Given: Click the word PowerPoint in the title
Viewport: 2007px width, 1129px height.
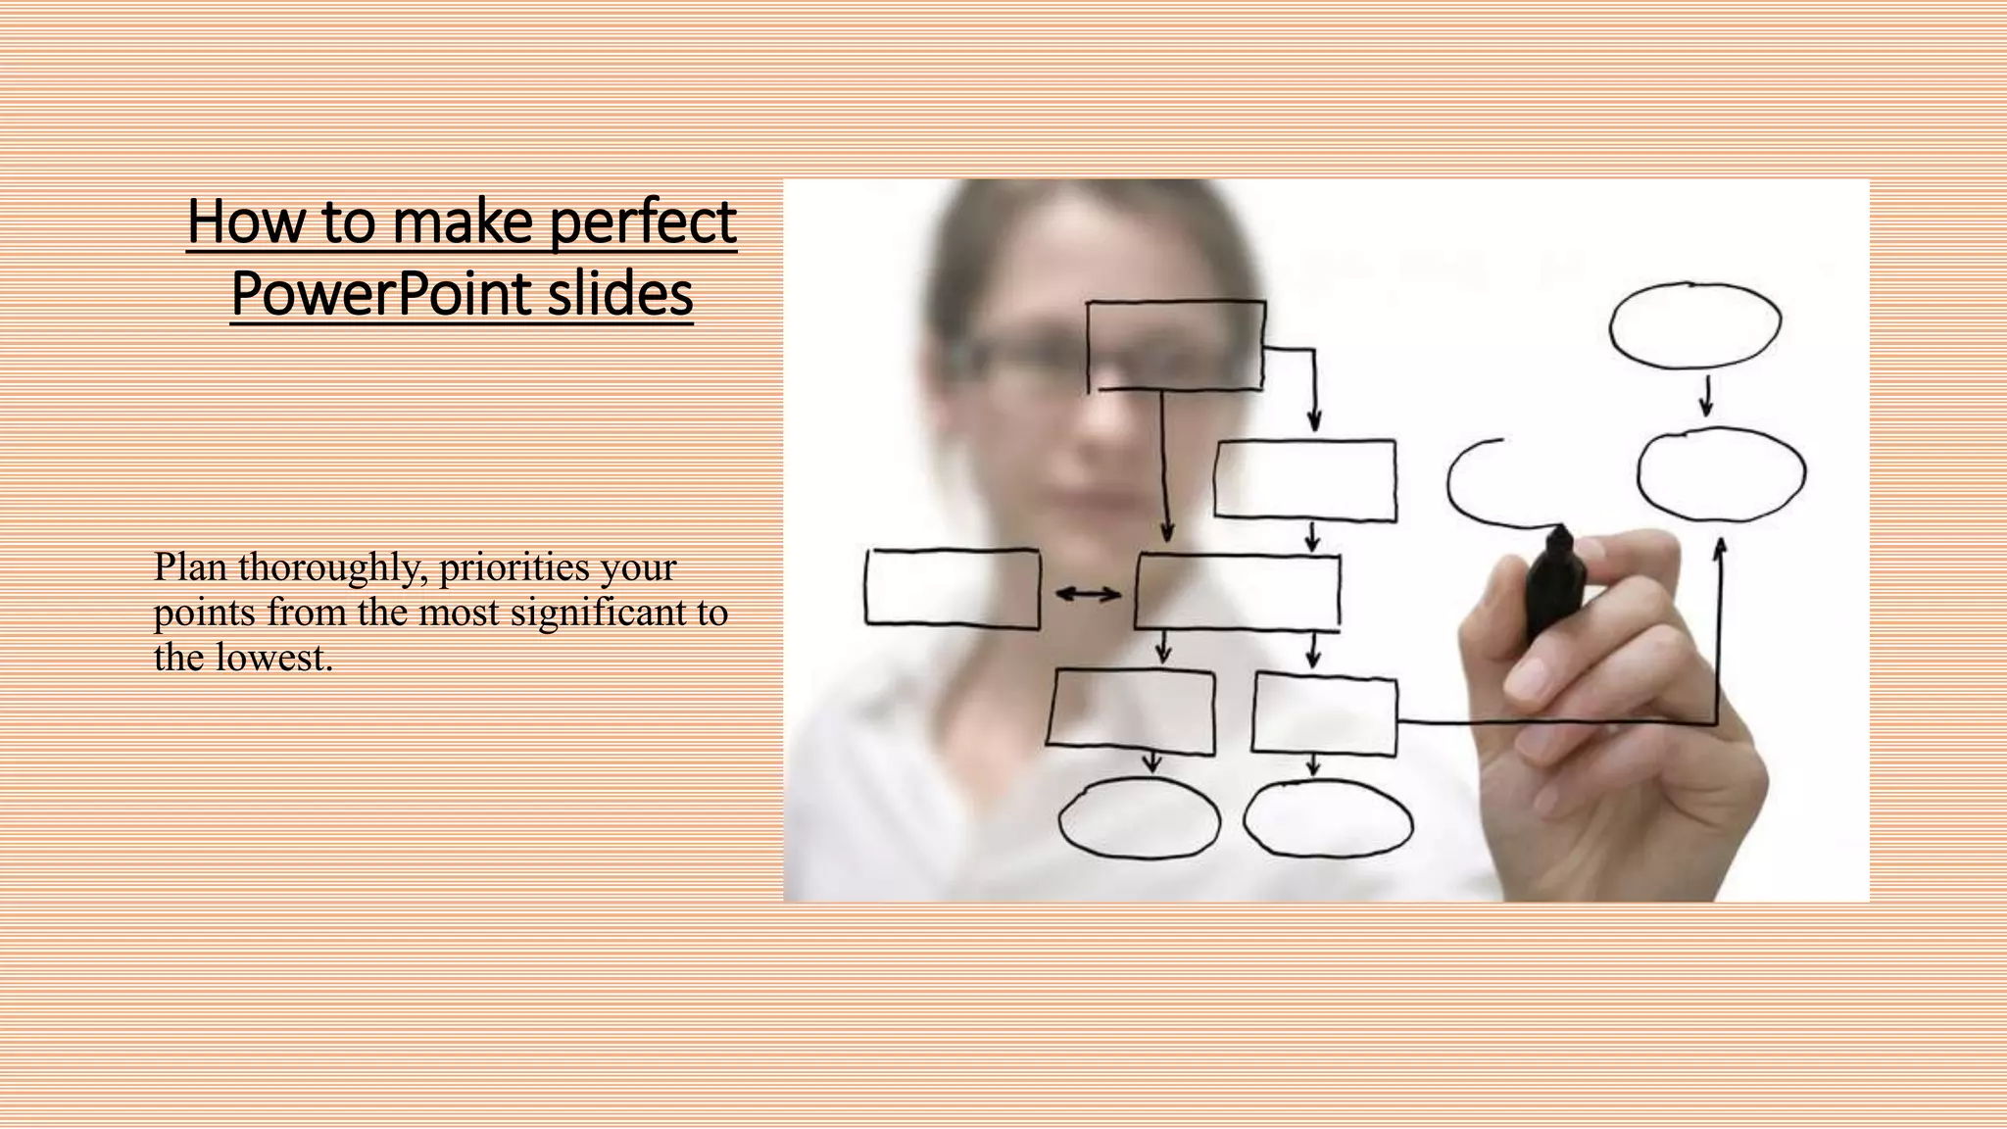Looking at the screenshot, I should [x=381, y=294].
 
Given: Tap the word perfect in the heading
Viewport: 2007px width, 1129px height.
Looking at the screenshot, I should [x=642, y=221].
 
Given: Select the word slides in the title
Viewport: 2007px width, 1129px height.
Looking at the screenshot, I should [x=619, y=294].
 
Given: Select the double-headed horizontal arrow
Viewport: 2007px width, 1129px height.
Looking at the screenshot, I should [x=1088, y=594].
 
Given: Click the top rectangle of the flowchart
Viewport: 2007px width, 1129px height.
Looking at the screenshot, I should [x=1175, y=345].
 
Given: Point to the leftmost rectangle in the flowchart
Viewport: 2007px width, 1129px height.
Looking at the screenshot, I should [x=952, y=588].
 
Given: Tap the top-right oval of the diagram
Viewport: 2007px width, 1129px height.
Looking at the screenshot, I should [x=1695, y=325].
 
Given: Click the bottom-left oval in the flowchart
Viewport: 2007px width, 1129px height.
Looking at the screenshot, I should [x=1139, y=818].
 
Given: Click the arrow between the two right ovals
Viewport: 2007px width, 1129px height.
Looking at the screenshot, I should [x=1706, y=396].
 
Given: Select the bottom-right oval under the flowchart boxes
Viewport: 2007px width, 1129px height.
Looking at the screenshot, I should [x=1328, y=818].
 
